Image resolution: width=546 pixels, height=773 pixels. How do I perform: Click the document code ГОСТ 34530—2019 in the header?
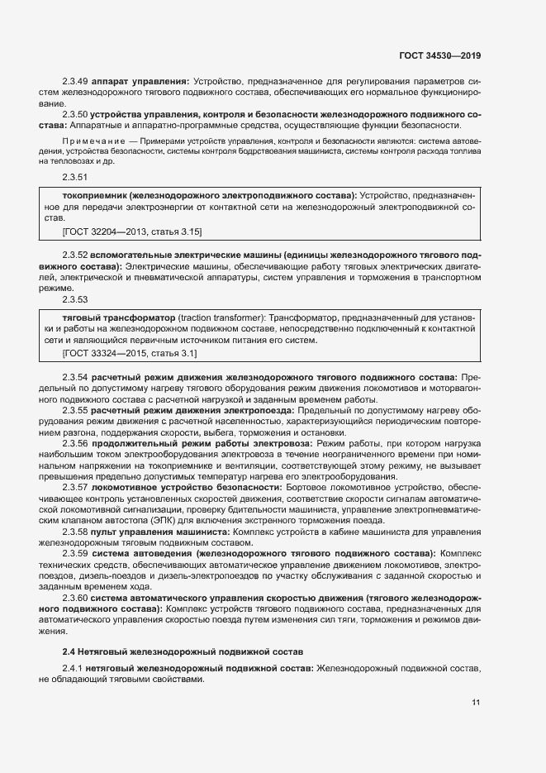[439, 56]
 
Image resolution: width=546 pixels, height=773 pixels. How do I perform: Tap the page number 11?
[476, 703]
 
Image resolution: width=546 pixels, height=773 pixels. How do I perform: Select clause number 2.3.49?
[75, 81]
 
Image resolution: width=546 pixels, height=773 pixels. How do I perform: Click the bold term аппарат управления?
[140, 81]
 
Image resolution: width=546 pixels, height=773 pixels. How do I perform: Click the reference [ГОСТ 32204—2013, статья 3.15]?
[132, 231]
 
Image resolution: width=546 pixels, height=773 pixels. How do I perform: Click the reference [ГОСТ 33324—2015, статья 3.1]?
[130, 353]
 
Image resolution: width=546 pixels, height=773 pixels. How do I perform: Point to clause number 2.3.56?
[75, 444]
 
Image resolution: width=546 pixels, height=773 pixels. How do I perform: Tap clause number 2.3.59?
[75, 552]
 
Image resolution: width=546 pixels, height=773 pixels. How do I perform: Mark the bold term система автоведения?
[143, 552]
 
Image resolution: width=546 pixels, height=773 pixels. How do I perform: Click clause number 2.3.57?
[75, 488]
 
